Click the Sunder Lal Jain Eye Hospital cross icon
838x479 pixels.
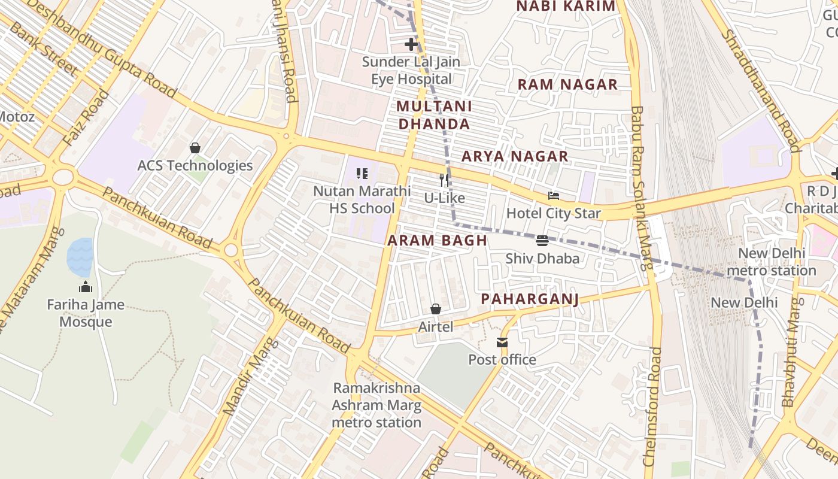(411, 44)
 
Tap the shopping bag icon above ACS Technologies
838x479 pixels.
(195, 147)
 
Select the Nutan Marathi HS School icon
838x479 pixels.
(362, 174)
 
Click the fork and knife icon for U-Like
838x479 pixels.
(444, 180)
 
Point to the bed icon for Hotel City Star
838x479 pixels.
(554, 196)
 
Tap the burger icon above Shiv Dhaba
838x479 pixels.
(542, 241)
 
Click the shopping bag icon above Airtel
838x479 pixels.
(436, 309)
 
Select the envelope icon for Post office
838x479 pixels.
(502, 342)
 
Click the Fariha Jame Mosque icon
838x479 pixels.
(86, 287)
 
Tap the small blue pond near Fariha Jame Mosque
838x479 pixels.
(80, 256)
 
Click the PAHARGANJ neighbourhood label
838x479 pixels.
(530, 299)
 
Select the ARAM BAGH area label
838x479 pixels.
(436, 241)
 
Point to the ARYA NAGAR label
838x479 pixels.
(514, 156)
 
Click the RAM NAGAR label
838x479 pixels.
(567, 84)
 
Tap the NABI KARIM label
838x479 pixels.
(565, 6)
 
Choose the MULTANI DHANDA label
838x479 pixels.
(434, 115)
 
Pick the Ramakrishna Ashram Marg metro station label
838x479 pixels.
(377, 405)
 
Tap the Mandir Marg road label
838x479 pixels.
(251, 377)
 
